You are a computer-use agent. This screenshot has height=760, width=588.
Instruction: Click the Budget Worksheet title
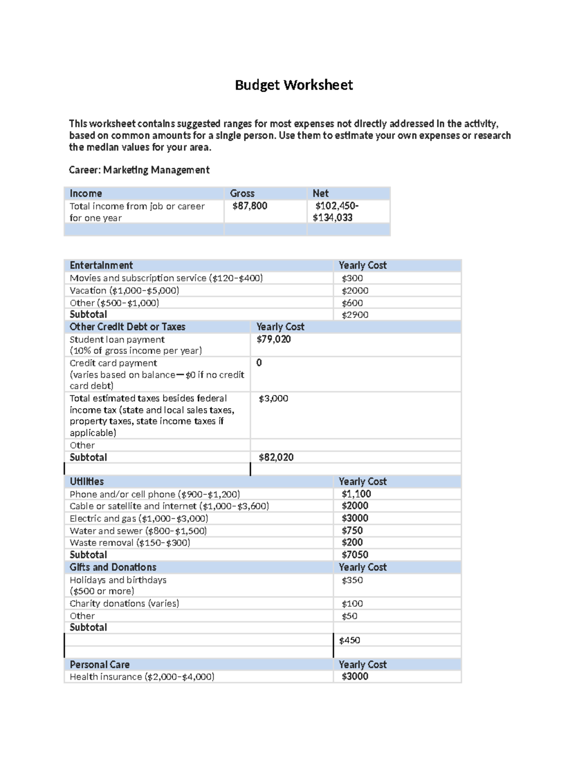click(x=294, y=85)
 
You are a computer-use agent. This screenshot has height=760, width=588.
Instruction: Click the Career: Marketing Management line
click(x=139, y=170)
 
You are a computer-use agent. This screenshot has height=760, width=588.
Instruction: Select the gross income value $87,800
click(x=250, y=206)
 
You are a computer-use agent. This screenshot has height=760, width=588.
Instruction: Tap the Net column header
click(x=320, y=193)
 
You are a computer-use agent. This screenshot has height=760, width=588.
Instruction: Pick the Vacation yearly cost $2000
click(x=355, y=291)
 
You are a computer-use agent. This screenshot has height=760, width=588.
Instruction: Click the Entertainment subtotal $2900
click(x=355, y=315)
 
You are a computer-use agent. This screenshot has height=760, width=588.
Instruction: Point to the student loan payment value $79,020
click(x=273, y=339)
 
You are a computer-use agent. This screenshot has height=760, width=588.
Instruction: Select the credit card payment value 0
click(x=259, y=363)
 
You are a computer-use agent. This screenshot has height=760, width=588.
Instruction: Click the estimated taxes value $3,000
click(x=273, y=398)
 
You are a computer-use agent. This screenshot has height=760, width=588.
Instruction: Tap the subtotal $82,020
click(x=276, y=457)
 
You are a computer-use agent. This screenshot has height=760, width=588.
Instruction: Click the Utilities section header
click(x=87, y=482)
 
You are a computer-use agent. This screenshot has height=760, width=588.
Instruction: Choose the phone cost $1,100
click(x=356, y=494)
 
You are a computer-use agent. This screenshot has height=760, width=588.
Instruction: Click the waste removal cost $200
click(x=352, y=542)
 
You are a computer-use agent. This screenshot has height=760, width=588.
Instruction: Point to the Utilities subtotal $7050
click(x=355, y=554)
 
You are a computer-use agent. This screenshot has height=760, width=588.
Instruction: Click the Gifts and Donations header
click(x=113, y=567)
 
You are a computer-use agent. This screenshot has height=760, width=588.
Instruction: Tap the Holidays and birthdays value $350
click(x=352, y=580)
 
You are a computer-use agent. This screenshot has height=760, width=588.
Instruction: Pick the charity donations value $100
click(x=352, y=604)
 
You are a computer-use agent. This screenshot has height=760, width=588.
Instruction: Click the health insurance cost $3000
click(x=355, y=676)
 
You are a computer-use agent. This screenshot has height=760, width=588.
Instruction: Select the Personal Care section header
click(x=99, y=665)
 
